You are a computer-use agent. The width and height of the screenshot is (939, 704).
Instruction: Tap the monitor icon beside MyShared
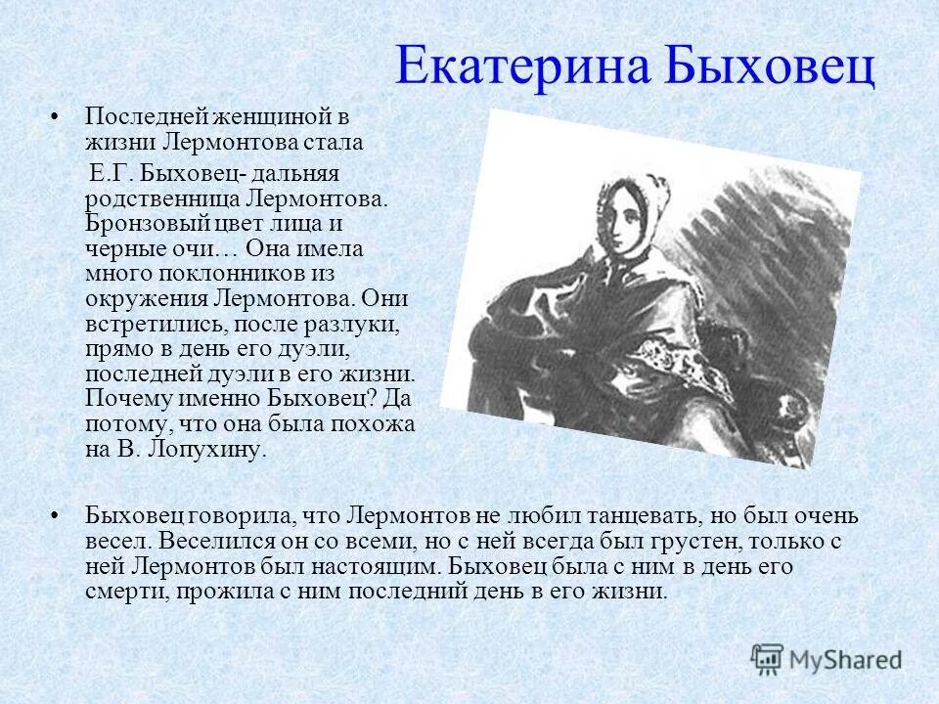pos(769,659)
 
